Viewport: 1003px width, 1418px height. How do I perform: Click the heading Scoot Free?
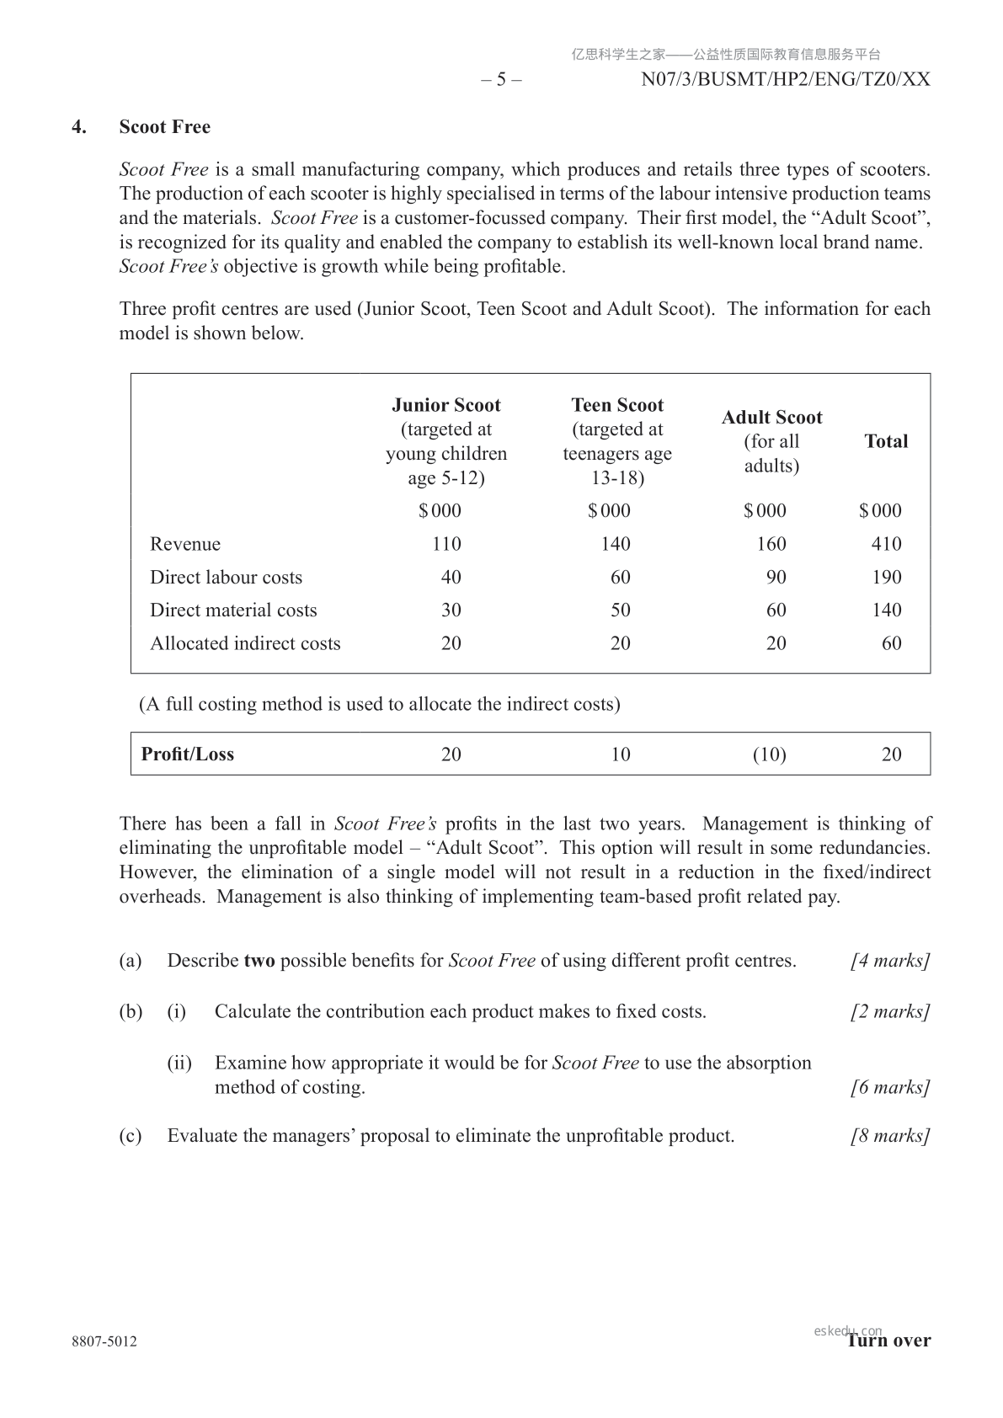pyautogui.click(x=164, y=127)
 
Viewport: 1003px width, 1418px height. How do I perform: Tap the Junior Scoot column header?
pyautogui.click(x=446, y=405)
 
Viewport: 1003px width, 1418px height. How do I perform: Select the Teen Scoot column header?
pyautogui.click(x=617, y=405)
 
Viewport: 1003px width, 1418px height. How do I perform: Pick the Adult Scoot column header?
pyautogui.click(x=771, y=418)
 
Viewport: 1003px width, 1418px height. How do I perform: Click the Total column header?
pyautogui.click(x=886, y=441)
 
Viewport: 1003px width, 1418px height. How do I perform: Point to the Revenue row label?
pyautogui.click(x=185, y=544)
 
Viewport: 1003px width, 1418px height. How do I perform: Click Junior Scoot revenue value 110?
pyautogui.click(x=446, y=544)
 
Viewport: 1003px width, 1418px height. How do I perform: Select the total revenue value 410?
pyautogui.click(x=886, y=544)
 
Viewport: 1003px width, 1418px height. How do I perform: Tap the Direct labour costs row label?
pyautogui.click(x=226, y=578)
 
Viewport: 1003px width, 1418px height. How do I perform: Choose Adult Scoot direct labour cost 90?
pyautogui.click(x=776, y=578)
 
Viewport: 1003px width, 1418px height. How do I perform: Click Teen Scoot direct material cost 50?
pyautogui.click(x=620, y=610)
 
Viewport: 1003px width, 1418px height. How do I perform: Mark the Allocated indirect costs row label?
pyautogui.click(x=245, y=643)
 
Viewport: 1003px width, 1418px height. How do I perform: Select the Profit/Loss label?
pyautogui.click(x=188, y=754)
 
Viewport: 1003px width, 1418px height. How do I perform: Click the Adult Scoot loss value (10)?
pyautogui.click(x=769, y=754)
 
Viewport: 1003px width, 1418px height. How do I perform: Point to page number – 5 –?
pyautogui.click(x=501, y=80)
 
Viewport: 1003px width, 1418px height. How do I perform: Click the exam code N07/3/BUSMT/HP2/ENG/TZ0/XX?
pyautogui.click(x=786, y=80)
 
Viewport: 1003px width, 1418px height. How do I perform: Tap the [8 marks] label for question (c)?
pyautogui.click(x=890, y=1136)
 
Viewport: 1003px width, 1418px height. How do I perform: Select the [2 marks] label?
pyautogui.click(x=890, y=1011)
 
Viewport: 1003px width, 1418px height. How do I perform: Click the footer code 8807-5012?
pyautogui.click(x=104, y=1341)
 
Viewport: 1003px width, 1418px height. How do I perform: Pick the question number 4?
pyautogui.click(x=79, y=127)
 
